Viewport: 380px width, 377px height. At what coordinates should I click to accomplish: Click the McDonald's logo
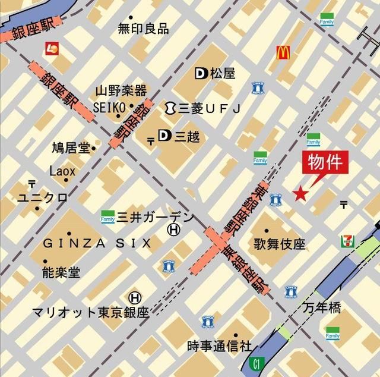coord(283,53)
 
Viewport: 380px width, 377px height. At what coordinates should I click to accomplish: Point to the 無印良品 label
coord(143,28)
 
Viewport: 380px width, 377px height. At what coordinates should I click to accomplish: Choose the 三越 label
coord(187,137)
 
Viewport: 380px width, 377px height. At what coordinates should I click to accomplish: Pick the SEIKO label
coord(110,106)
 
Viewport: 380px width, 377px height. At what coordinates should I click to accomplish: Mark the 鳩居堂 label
coord(71,146)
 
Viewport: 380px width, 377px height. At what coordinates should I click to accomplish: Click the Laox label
coord(62,171)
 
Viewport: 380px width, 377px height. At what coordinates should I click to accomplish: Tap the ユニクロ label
coord(42,198)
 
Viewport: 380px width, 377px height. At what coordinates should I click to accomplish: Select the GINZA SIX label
coord(97,243)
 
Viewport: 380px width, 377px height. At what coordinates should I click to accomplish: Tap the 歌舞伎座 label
coord(279,243)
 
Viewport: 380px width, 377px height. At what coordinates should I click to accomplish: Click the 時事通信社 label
coord(219,345)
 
